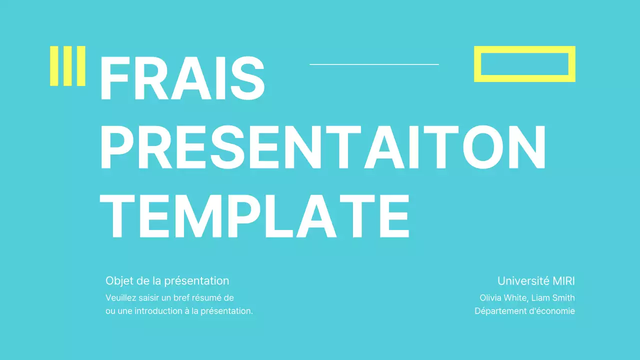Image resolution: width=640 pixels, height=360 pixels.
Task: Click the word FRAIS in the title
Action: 182,78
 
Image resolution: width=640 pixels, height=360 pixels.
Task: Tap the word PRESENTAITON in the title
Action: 322,148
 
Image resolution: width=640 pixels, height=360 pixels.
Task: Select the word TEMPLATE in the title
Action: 254,215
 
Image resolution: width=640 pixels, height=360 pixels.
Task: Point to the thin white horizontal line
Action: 374,64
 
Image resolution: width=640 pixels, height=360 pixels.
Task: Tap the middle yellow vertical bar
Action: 67,66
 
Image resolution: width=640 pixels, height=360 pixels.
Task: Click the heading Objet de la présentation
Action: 167,281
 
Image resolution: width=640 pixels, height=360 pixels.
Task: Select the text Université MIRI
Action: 536,281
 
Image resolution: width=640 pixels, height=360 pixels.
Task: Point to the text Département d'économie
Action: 524,311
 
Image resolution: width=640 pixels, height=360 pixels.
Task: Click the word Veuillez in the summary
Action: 120,298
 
